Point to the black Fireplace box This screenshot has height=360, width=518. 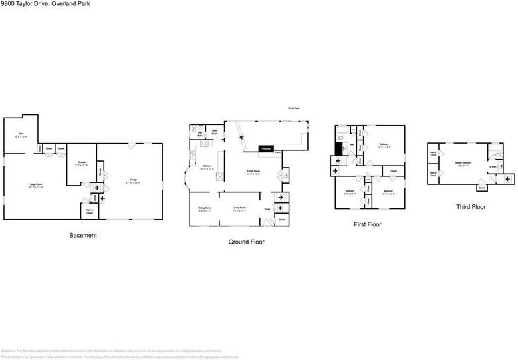pos(265,148)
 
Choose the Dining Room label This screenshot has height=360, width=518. pos(204,208)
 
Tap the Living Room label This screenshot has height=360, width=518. pos(240,208)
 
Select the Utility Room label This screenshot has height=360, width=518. pos(215,132)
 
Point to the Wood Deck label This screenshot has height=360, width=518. pos(293,108)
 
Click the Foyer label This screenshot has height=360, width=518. pos(267,209)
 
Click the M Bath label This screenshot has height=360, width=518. pos(493,166)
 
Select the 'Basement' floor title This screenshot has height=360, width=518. pos(83,235)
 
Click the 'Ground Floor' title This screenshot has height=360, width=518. pos(246,242)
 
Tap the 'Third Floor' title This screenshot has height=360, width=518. pos(471,206)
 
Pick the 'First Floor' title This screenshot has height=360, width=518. pos(367,224)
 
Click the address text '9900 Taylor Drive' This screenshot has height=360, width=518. pos(25,4)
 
